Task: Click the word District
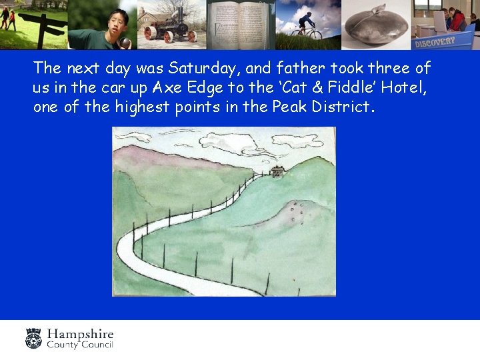click(x=341, y=107)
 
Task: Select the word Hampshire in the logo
click(x=80, y=334)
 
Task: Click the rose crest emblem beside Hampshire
click(x=33, y=338)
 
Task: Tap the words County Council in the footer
click(x=79, y=345)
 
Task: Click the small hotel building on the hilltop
click(x=277, y=171)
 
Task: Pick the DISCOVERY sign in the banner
click(x=434, y=41)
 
